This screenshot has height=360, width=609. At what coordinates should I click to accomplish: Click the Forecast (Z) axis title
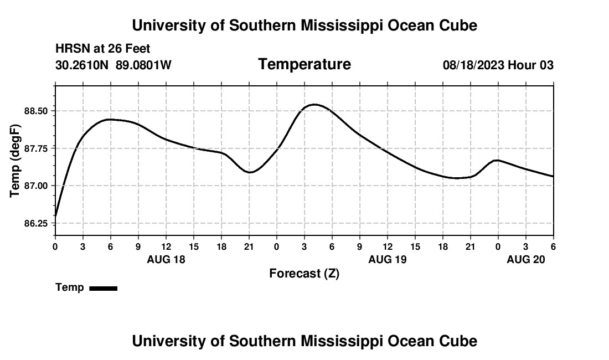coord(304,273)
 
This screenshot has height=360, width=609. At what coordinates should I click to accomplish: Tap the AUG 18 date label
coord(166,259)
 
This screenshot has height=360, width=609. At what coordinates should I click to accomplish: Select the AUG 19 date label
coord(388,259)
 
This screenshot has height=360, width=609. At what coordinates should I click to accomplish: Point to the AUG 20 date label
coord(526,259)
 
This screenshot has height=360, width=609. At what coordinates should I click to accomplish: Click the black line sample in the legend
coord(103,288)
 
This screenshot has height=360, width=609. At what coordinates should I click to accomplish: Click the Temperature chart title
coord(304,64)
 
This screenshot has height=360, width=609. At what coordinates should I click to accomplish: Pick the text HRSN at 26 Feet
coord(103,49)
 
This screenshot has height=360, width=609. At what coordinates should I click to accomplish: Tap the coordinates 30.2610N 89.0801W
coord(113,65)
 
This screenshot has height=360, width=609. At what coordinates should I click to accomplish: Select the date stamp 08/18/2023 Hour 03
coord(498,65)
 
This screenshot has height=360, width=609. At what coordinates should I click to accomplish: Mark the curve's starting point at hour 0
coord(56,215)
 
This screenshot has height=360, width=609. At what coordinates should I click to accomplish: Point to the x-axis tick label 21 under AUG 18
coord(249,246)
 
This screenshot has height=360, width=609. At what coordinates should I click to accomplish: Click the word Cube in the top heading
coord(457,25)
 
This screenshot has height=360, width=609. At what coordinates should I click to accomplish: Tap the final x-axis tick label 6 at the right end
coord(553,246)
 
